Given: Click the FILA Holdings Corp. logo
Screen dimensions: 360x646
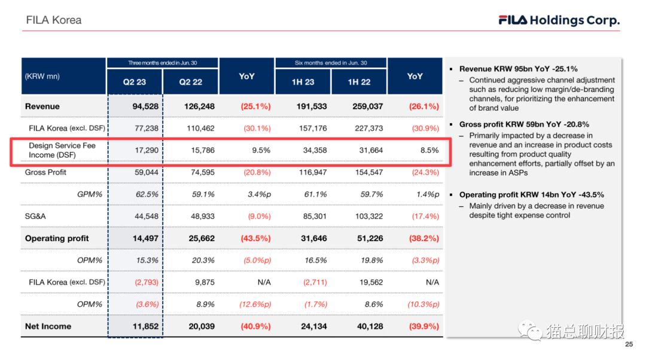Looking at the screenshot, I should pos(559,20).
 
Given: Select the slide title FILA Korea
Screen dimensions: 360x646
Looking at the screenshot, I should pos(54,20).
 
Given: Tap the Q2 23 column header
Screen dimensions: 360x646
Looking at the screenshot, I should pos(135,82).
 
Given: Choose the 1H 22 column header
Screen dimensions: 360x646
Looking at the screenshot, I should pos(359,82).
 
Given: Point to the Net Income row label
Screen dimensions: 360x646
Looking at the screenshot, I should pos(48,327).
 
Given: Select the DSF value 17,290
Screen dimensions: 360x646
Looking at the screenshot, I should pos(147,150).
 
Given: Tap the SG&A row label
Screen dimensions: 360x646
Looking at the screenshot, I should pos(35,216).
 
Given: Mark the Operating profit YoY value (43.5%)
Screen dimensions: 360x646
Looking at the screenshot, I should pos(255,238).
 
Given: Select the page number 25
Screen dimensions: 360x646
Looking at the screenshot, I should pos(628,345).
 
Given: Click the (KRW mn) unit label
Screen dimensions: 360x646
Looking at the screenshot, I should pos(42,76).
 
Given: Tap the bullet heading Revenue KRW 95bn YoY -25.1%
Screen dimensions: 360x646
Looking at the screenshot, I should pos(518,69).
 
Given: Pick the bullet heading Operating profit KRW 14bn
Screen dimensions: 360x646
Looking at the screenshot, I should pos(531,195).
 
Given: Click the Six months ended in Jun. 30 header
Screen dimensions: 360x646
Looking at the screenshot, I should pos(331,63).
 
